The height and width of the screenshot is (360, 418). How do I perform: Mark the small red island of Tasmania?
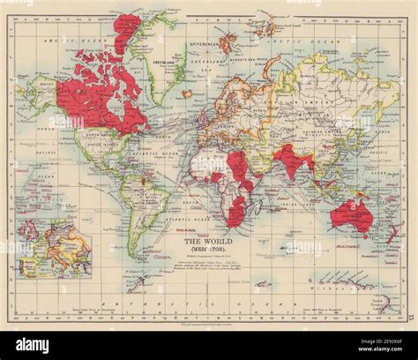[x=362, y=244]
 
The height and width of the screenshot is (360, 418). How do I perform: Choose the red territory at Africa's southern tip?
[x=236, y=217]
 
